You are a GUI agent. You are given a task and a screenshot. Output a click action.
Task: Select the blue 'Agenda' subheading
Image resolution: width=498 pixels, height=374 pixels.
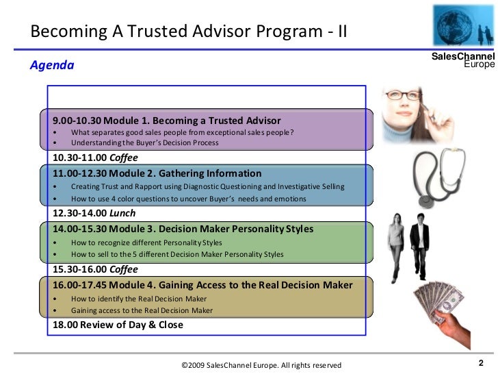pyautogui.click(x=51, y=66)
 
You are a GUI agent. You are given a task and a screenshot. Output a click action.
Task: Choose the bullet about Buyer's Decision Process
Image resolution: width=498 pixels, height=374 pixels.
pyautogui.click(x=144, y=142)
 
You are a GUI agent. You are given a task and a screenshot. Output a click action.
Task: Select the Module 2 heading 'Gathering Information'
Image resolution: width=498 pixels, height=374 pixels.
pyautogui.click(x=157, y=173)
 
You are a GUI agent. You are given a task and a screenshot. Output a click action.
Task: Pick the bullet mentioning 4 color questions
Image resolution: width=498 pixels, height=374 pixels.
pyautogui.click(x=188, y=199)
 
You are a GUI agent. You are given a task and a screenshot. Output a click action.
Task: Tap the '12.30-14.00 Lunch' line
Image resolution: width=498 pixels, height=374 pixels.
pyautogui.click(x=94, y=213)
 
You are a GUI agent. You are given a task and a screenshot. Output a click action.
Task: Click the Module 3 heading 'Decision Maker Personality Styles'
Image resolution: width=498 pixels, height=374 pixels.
pyautogui.click(x=178, y=229)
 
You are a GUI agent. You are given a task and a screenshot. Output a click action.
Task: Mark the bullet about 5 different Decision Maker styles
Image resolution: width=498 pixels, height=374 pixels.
pyautogui.click(x=176, y=254)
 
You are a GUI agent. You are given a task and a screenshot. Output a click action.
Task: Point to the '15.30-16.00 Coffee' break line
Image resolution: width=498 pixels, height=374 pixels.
pyautogui.click(x=95, y=269)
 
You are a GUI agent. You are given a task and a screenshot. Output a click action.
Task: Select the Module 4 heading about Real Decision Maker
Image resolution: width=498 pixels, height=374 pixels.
pyautogui.click(x=202, y=284)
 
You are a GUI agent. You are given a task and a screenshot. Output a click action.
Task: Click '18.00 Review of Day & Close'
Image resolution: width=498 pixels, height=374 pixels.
pyautogui.click(x=118, y=325)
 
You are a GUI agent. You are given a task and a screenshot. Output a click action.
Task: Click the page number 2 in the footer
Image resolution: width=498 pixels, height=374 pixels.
pyautogui.click(x=481, y=363)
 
